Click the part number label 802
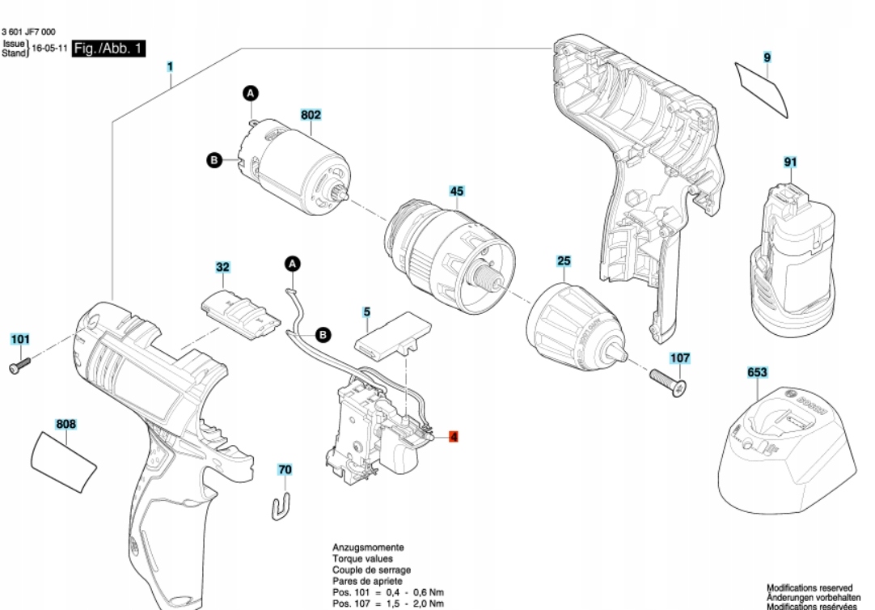click(311, 116)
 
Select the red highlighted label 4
click(454, 437)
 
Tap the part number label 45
click(457, 192)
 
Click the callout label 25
click(564, 261)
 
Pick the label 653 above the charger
click(758, 372)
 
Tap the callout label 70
click(285, 469)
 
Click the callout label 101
click(20, 339)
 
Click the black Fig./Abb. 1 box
click(108, 49)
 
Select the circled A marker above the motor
click(251, 95)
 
